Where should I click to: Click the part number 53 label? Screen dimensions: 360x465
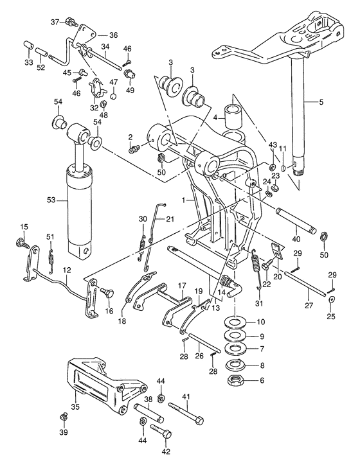pyautogui.click(x=51, y=200)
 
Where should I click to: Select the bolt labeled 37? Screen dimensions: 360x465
pyautogui.click(x=71, y=22)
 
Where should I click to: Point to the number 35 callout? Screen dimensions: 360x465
pyautogui.click(x=76, y=407)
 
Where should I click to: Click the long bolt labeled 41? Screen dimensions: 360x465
pyautogui.click(x=186, y=413)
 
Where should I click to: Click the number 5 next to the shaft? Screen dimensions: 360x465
pyautogui.click(x=321, y=102)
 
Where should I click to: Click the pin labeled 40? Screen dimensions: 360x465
pyautogui.click(x=296, y=221)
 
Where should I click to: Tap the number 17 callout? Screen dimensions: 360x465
pyautogui.click(x=182, y=286)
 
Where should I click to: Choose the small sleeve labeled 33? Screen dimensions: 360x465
pyautogui.click(x=28, y=46)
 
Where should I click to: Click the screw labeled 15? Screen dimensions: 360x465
pyautogui.click(x=22, y=241)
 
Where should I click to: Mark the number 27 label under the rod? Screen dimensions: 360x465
pyautogui.click(x=309, y=305)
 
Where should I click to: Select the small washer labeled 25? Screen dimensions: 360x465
pyautogui.click(x=331, y=299)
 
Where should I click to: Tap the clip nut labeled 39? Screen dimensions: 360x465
pyautogui.click(x=64, y=416)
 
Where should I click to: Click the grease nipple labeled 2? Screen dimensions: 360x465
pyautogui.click(x=132, y=149)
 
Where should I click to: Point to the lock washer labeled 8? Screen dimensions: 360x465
pyautogui.click(x=235, y=365)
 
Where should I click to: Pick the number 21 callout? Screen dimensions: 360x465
pyautogui.click(x=170, y=219)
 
